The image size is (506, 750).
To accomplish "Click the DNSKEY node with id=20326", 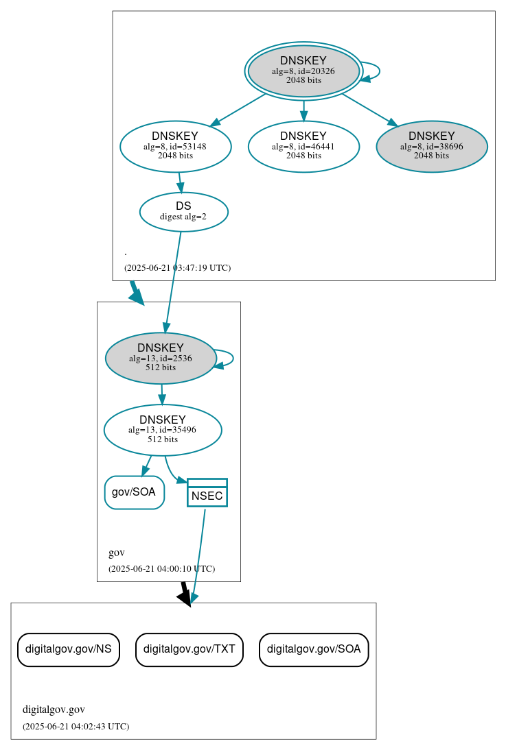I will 303,71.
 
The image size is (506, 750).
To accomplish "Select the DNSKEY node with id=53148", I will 175,146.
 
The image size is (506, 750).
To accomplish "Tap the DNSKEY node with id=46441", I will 303,146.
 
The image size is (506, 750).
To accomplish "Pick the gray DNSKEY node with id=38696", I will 431,146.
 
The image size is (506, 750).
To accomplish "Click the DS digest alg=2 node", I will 183,211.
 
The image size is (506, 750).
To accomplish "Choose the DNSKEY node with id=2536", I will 161,358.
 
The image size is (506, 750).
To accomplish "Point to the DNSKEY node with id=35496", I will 163,430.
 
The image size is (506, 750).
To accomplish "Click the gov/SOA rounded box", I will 134,492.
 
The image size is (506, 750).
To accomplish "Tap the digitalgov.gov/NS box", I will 68,649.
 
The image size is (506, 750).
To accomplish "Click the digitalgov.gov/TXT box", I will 189,649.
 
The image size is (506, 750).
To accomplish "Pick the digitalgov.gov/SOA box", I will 314,649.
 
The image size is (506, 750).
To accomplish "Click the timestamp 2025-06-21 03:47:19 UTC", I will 177,268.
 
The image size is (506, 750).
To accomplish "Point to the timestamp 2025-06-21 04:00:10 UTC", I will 161,569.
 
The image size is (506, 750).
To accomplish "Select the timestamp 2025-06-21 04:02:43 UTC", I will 76,727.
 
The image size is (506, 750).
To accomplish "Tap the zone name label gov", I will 117,553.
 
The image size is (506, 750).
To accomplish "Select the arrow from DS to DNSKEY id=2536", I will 172,281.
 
